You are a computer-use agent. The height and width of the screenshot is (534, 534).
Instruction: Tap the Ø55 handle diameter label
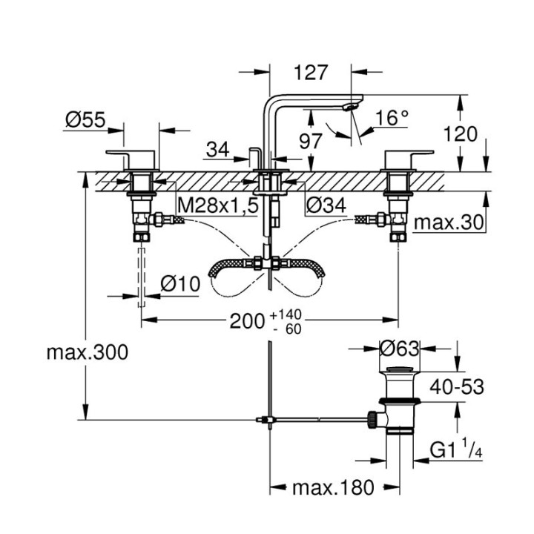point(83,119)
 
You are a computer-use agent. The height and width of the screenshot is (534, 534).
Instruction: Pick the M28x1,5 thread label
point(217,205)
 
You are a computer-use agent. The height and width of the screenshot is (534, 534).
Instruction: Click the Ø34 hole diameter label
point(328,205)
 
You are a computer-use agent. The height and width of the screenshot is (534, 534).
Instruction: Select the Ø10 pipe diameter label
point(179,283)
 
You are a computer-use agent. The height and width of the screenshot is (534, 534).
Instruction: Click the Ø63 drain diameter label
point(398,347)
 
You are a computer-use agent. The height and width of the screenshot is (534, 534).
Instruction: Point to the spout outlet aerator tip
point(349,108)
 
